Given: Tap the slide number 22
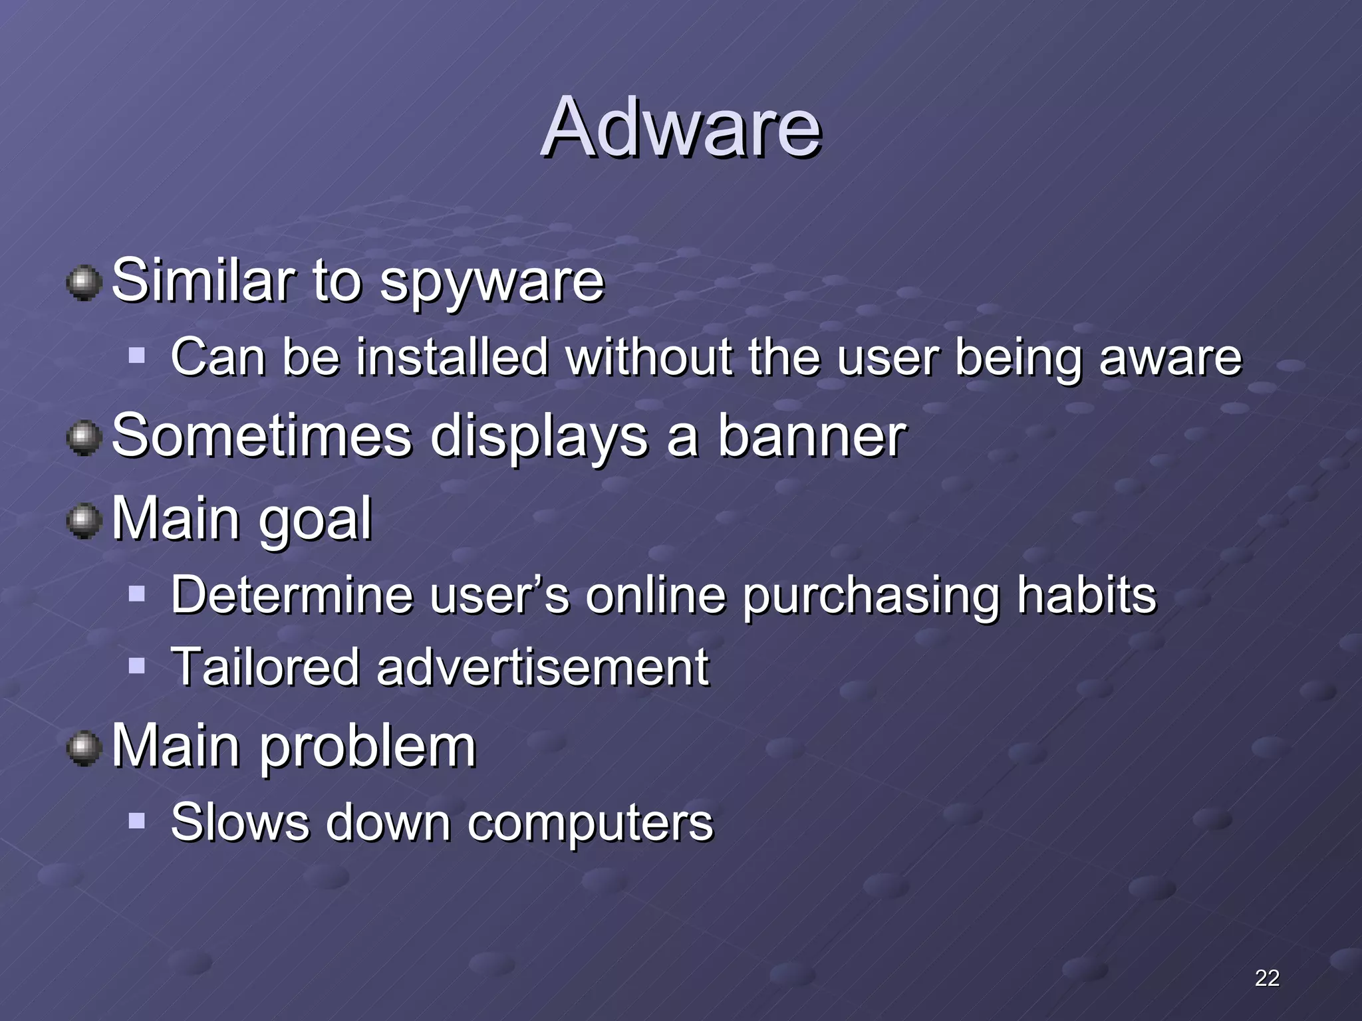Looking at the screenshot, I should tap(1267, 978).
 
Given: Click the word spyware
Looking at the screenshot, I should tap(491, 282).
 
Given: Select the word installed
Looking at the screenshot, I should tap(452, 357).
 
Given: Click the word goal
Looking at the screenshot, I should tap(315, 520).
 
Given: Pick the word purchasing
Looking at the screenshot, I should tap(871, 596).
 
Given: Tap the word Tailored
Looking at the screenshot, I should tap(265, 667).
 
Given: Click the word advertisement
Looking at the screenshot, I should tap(543, 667).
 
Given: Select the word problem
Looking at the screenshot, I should tap(367, 747).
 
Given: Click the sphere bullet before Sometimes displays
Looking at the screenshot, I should tap(84, 439).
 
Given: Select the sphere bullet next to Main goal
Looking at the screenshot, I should tap(84, 520).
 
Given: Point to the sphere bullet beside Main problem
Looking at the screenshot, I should tap(84, 748).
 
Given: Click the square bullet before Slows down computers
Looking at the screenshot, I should tap(137, 822).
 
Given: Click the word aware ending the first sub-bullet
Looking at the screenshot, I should tap(1170, 357).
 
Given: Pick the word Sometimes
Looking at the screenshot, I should tap(262, 437).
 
